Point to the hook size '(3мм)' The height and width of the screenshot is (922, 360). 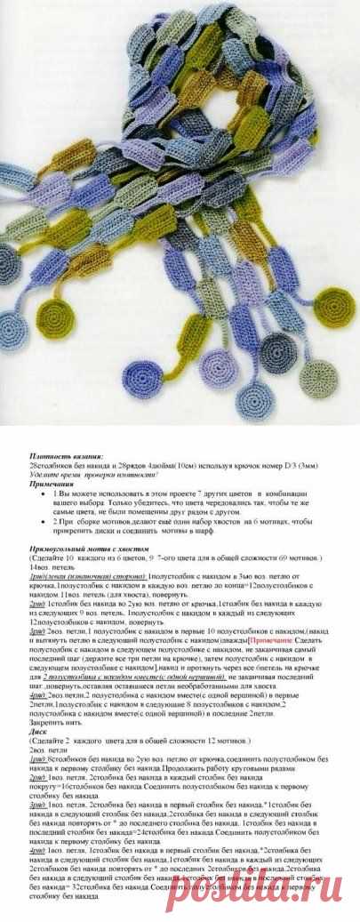click(293, 464)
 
